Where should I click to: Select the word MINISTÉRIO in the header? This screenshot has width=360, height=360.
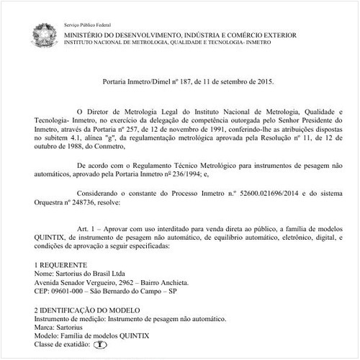pos(85,35)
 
